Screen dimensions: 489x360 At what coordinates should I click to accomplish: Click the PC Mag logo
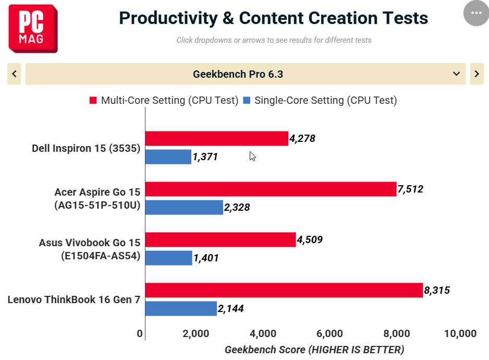click(33, 28)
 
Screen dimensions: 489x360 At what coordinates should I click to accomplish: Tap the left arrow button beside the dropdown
click(14, 74)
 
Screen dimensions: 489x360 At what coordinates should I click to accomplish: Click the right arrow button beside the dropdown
click(477, 74)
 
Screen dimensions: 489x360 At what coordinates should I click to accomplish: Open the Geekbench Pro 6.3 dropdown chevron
click(456, 74)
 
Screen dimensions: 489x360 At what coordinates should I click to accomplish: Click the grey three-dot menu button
click(476, 13)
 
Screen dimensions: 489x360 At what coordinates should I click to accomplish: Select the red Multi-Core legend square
click(93, 100)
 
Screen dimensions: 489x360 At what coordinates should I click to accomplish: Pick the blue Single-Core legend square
click(247, 100)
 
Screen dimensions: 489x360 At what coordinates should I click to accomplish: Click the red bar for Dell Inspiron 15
click(217, 139)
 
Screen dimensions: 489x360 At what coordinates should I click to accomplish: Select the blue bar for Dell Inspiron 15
click(168, 157)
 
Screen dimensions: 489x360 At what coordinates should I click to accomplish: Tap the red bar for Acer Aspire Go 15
click(271, 189)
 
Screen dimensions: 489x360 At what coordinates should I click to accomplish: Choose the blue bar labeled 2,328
click(185, 207)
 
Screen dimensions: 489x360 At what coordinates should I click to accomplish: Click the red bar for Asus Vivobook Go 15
click(221, 240)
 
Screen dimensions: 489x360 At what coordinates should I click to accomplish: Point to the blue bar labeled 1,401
click(169, 258)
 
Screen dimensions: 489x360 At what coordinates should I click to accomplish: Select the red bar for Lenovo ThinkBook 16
click(284, 291)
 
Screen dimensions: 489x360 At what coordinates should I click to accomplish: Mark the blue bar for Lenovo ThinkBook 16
click(181, 308)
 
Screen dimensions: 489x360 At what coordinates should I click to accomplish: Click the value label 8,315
click(437, 291)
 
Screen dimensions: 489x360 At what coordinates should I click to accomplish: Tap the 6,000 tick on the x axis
click(329, 333)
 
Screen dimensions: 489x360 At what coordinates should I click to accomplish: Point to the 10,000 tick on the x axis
click(460, 333)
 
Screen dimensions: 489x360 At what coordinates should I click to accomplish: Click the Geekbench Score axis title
click(314, 350)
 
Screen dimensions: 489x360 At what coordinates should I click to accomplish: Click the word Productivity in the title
click(168, 18)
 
